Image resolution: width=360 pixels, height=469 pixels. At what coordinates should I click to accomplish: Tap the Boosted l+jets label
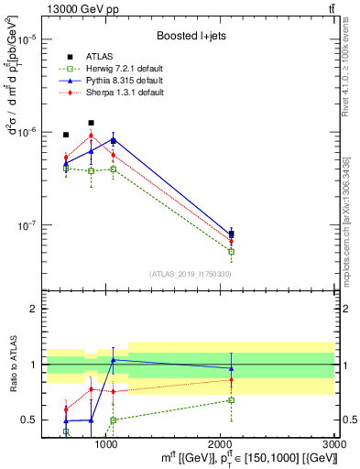click(x=191, y=36)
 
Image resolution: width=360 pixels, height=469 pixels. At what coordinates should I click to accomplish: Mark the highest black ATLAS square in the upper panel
click(x=91, y=123)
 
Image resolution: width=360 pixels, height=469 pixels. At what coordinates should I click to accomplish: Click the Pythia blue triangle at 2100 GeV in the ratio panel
click(x=232, y=368)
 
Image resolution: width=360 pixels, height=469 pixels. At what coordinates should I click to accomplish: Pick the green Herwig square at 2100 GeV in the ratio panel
click(x=232, y=399)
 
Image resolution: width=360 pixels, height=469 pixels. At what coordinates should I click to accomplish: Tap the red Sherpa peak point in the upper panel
click(x=91, y=136)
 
